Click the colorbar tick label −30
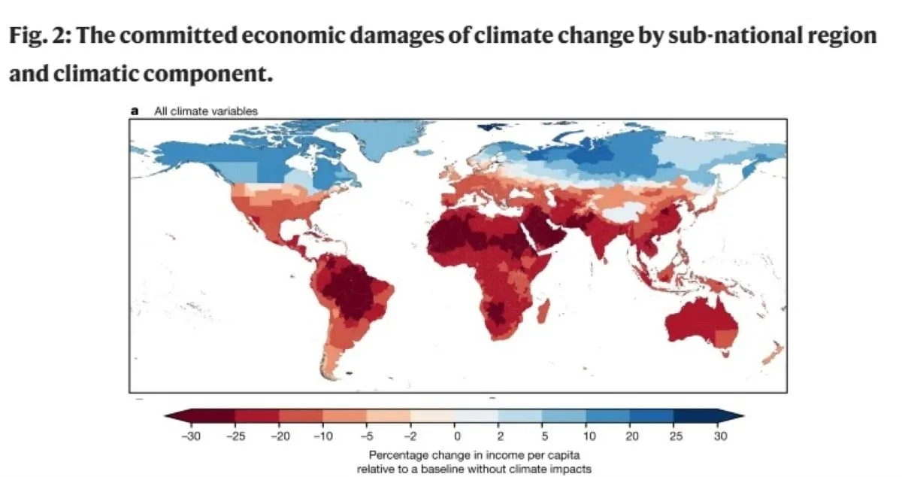pyautogui.click(x=191, y=436)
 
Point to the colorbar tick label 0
pyautogui.click(x=456, y=436)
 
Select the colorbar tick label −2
pyautogui.click(x=411, y=436)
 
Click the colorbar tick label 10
pyautogui.click(x=587, y=436)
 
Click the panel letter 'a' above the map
pyautogui.click(x=135, y=111)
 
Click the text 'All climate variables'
pyautogui.click(x=205, y=111)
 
